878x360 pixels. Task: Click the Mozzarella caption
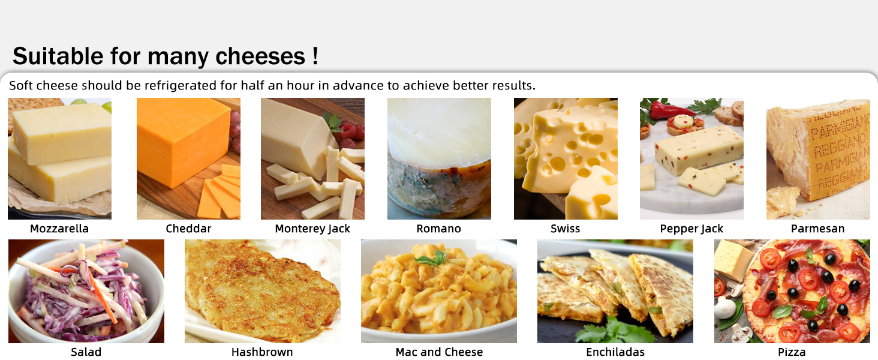59,229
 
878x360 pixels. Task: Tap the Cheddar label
188,229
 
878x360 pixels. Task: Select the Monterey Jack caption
312,229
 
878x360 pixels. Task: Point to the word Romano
438,229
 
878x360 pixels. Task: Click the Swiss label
565,229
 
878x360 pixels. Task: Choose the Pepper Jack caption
691,229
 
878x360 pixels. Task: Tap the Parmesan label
817,229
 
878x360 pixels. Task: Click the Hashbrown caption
262,352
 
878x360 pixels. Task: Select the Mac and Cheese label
439,352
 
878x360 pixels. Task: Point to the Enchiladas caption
615,352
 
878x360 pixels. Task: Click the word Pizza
792,352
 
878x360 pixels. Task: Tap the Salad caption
86,352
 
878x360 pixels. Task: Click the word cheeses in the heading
260,56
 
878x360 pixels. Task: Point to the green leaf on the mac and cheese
432,259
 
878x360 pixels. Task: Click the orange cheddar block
182,141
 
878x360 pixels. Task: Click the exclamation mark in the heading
315,56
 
